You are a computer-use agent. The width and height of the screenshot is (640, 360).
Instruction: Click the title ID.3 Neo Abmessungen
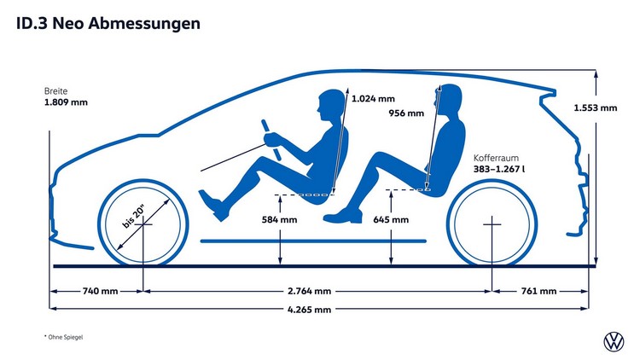(108, 24)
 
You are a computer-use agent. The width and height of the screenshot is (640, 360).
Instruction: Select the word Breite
(55, 90)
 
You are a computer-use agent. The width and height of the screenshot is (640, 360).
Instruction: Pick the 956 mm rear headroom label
(405, 113)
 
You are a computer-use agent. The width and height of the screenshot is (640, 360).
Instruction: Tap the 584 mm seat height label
(279, 219)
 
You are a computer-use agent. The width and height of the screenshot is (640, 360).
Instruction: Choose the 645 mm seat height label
(390, 219)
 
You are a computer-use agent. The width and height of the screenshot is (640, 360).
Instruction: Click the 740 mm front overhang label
(99, 291)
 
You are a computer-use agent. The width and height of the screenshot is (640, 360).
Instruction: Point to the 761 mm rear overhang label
(541, 291)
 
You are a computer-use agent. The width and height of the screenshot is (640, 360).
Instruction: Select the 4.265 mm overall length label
(310, 310)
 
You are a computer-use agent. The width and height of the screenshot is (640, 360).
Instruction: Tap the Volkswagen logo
(614, 342)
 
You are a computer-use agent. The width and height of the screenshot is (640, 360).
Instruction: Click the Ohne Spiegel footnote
(65, 338)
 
